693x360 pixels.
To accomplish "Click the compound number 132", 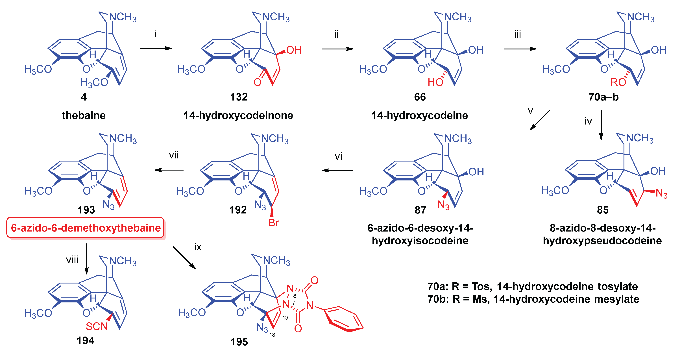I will pos(239,97).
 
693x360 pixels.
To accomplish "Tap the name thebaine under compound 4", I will pos(84,115).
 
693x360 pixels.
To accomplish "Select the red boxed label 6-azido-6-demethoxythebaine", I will pos(86,228).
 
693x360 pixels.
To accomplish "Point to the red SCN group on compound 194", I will pos(97,326).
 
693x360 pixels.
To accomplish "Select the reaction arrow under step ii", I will pos(338,49).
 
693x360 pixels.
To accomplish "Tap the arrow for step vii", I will pos(169,170).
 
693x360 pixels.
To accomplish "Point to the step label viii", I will pos(72,260).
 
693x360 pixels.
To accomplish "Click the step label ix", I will pos(198,247).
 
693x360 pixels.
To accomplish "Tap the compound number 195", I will pos(239,342).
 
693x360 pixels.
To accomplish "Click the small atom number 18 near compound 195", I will pos(272,335).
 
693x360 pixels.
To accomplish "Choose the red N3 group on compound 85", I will pos(661,193).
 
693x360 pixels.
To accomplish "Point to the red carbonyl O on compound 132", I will pos(258,82).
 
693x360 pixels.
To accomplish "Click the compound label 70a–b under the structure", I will pos(603,97).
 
